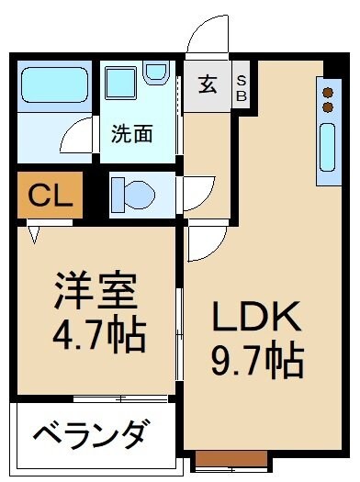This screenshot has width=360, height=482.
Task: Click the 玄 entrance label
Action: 207,85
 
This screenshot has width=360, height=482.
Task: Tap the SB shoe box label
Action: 242,86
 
